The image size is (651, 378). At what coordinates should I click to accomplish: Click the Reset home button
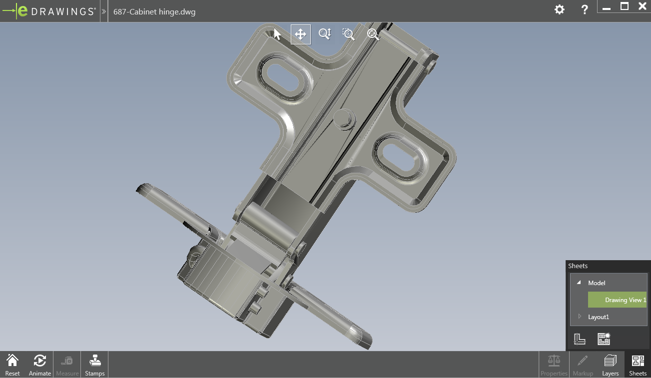click(x=12, y=365)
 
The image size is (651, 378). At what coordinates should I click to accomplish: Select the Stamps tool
click(x=94, y=365)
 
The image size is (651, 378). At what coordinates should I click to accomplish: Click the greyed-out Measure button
click(x=67, y=365)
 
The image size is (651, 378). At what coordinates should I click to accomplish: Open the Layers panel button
click(x=610, y=365)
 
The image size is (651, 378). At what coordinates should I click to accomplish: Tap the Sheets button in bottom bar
click(x=638, y=365)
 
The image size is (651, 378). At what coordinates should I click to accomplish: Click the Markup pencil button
click(x=583, y=365)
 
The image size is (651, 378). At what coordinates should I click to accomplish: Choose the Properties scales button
click(x=554, y=365)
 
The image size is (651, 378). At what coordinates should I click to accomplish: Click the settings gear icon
click(x=560, y=9)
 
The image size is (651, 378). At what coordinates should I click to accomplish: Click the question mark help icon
click(x=585, y=9)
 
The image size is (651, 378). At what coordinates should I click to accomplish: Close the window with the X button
click(x=643, y=6)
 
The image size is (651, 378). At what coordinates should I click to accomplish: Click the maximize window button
click(x=625, y=6)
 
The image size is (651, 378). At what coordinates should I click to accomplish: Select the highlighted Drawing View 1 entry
click(x=618, y=300)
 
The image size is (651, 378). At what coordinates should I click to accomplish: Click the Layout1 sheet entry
click(x=599, y=317)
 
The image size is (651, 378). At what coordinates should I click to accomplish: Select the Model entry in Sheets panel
click(x=597, y=283)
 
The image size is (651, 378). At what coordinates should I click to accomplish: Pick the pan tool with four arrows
click(x=300, y=34)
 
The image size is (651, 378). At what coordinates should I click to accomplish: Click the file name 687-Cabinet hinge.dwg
click(x=154, y=11)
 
